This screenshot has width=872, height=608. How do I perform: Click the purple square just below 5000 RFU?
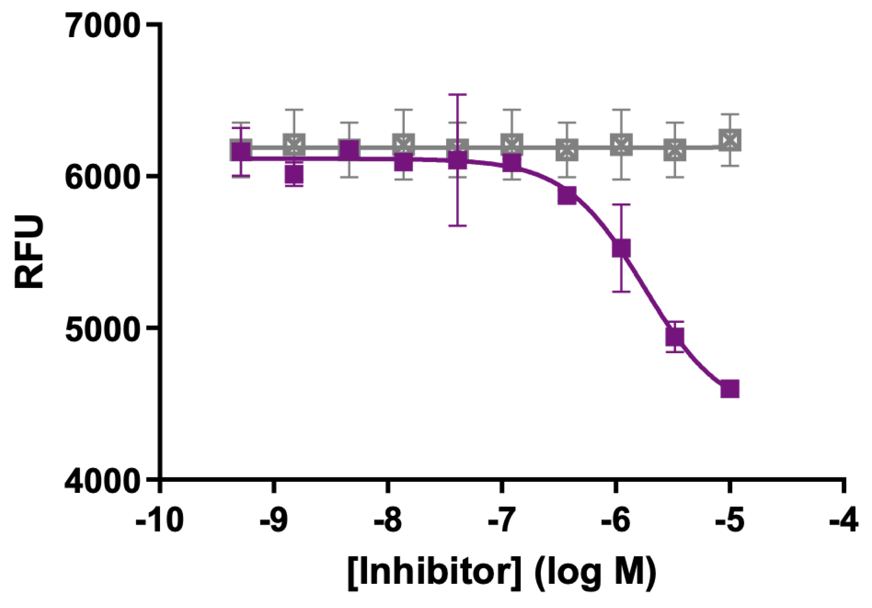[675, 337]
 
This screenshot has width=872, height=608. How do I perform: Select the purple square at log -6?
[621, 249]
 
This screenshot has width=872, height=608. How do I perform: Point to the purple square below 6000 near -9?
[294, 175]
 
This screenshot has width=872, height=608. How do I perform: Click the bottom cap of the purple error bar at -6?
[621, 291]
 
